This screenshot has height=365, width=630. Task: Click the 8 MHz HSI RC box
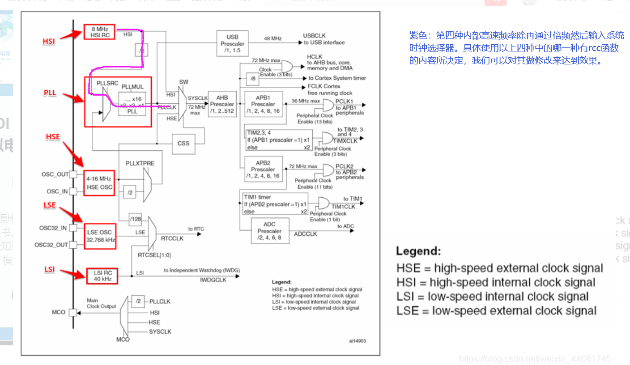(99, 32)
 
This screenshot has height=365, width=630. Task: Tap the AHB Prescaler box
(222, 104)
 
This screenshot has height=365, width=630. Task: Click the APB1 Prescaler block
(263, 104)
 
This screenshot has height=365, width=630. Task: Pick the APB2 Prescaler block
(263, 169)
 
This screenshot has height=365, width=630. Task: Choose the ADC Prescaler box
(269, 231)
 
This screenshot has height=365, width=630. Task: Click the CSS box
(183, 144)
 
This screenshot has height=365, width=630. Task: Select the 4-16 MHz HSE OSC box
(99, 183)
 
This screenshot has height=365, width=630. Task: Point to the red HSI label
(49, 41)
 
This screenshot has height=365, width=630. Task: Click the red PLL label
(50, 93)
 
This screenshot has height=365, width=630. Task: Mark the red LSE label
(50, 205)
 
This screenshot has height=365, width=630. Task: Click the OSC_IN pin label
(57, 191)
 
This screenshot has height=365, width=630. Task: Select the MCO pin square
(73, 312)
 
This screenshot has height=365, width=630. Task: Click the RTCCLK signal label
(172, 238)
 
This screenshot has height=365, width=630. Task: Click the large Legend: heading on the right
(418, 251)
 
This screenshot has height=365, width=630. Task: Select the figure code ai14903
(358, 341)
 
